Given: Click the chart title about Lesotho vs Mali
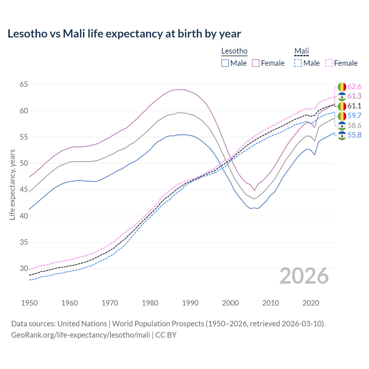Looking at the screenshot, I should click(124, 34).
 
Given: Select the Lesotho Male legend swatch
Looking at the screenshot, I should click(225, 63).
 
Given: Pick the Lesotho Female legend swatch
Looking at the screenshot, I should click(256, 63).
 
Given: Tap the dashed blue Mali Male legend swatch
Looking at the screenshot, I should click(298, 63).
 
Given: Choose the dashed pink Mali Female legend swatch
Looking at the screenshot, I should click(329, 63).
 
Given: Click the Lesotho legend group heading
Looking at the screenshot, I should click(234, 51).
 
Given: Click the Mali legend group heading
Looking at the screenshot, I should click(302, 51).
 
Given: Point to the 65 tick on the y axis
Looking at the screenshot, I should click(24, 84).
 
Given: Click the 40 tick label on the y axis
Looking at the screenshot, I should click(24, 216).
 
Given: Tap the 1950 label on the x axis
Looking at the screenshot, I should click(29, 303).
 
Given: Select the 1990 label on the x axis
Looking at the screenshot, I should click(190, 303).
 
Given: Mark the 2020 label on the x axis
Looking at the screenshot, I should click(311, 303).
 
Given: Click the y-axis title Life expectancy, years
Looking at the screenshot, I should click(12, 184).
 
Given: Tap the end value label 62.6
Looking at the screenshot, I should click(354, 86).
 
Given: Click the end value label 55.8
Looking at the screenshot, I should click(354, 135).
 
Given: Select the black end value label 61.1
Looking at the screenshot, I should click(354, 106).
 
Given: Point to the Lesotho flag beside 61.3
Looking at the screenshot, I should click(342, 96).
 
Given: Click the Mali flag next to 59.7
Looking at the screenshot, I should click(342, 116).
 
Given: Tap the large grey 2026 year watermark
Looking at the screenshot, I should click(304, 276).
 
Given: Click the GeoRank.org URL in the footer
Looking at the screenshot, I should click(81, 335).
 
